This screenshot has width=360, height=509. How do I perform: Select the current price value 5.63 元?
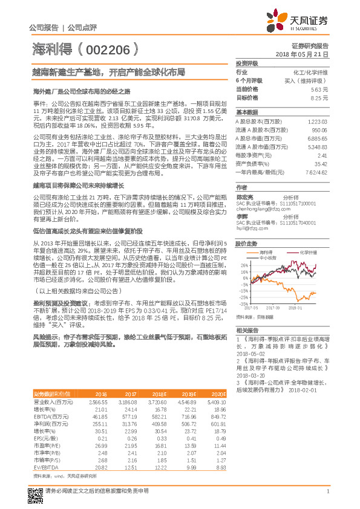tap(319, 89)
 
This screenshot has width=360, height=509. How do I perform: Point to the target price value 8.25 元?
tap(319, 97)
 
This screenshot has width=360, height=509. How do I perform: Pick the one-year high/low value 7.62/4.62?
tap(315, 189)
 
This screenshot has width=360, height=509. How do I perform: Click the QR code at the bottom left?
tap(36, 491)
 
